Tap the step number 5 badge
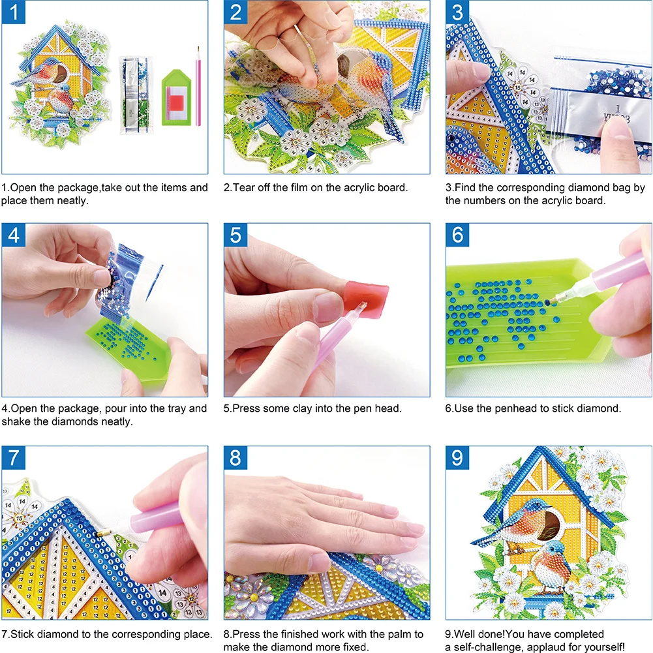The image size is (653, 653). point(235,235)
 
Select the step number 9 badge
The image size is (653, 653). point(457,458)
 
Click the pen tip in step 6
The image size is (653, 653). point(551,301)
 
